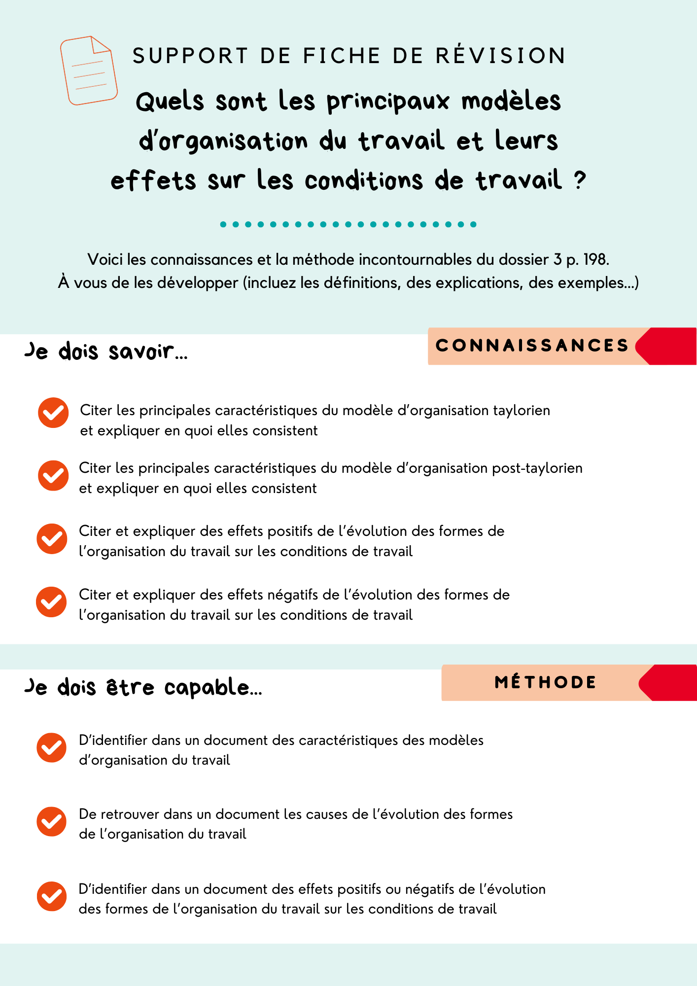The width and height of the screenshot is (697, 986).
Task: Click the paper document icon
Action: click(x=89, y=70)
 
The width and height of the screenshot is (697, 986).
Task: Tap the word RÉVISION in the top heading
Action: click(x=501, y=56)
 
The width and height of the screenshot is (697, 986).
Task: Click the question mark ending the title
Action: click(x=580, y=180)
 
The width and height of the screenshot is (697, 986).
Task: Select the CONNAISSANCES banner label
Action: click(x=532, y=346)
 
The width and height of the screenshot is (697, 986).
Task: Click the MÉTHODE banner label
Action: click(x=546, y=682)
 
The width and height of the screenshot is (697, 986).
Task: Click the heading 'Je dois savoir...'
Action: click(x=106, y=351)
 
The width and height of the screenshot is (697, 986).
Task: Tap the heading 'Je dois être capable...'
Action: click(x=143, y=687)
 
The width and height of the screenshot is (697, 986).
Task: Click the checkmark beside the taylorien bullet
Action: click(x=53, y=413)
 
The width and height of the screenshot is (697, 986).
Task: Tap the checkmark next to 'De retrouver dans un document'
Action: click(x=51, y=821)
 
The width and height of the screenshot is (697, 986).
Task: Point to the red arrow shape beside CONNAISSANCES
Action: click(x=668, y=346)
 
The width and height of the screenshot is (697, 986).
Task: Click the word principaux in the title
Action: click(x=388, y=102)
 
